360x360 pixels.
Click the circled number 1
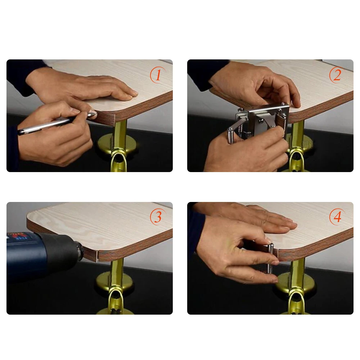pos(158,75)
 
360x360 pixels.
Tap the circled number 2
pos(337,75)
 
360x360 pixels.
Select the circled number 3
pos(158,217)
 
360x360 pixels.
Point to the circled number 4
pos(337,217)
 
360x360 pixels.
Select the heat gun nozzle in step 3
pos(77,251)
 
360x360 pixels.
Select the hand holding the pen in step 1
pos(55,133)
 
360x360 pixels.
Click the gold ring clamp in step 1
pos(118,158)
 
